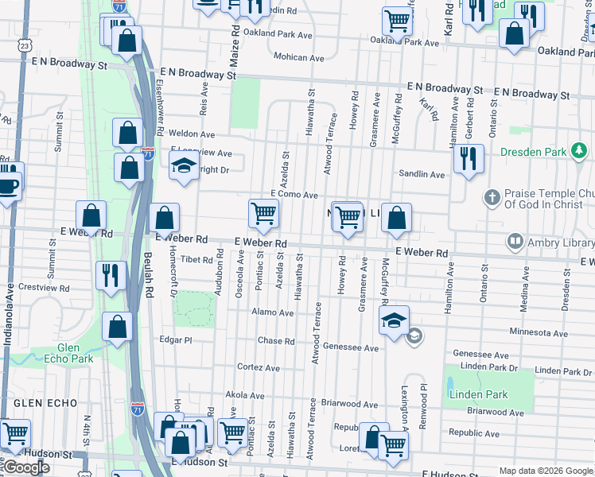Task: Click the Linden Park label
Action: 477,394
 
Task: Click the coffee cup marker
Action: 8,185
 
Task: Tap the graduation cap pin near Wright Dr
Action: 184,165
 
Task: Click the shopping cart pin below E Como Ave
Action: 263,213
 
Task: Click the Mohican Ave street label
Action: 299,58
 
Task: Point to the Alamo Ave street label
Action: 273,313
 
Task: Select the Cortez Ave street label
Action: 259,368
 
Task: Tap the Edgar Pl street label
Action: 176,339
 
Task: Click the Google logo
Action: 26,468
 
